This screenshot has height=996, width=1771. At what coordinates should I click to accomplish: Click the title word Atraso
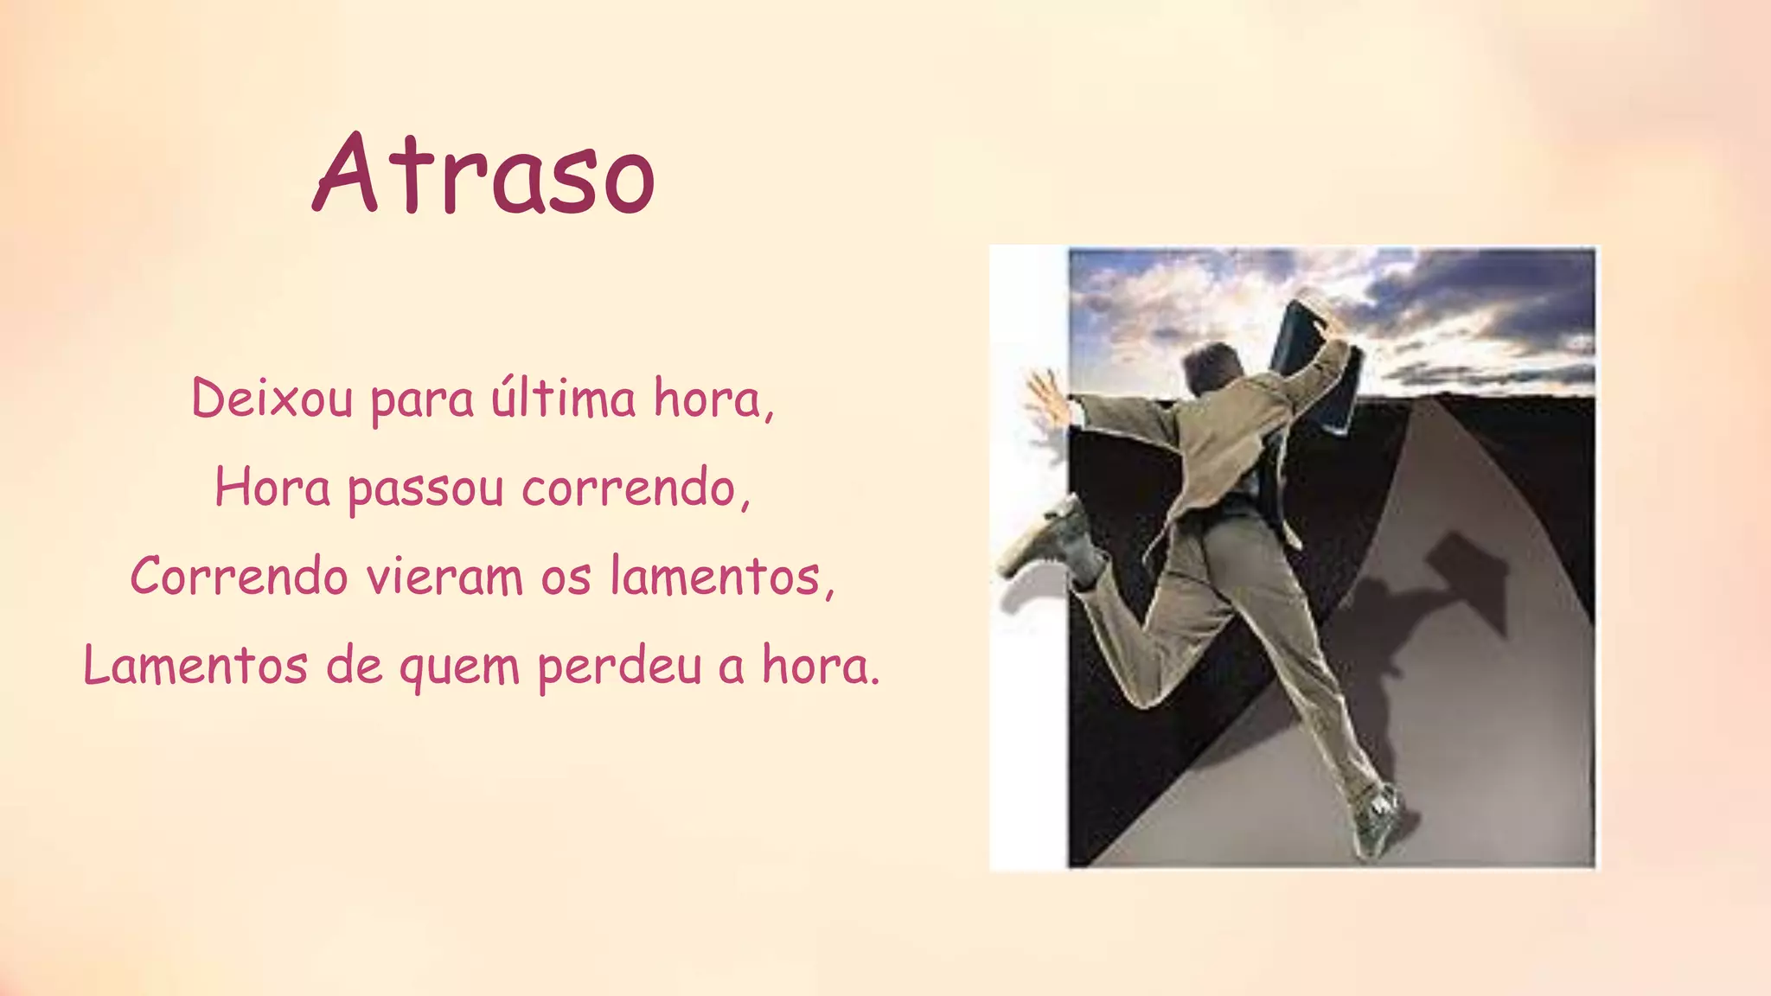(x=483, y=175)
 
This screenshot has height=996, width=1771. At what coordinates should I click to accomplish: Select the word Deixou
(x=272, y=399)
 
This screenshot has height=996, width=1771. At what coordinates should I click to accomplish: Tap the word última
(x=563, y=399)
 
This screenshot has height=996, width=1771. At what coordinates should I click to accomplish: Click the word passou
(x=425, y=489)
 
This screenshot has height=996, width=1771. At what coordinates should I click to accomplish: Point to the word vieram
(x=444, y=577)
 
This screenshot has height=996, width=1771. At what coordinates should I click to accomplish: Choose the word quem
(x=458, y=667)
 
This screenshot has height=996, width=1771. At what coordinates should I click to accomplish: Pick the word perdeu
(x=618, y=667)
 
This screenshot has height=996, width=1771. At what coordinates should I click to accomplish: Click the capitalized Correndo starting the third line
(x=239, y=577)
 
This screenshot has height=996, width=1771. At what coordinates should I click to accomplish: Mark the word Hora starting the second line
(x=272, y=488)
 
